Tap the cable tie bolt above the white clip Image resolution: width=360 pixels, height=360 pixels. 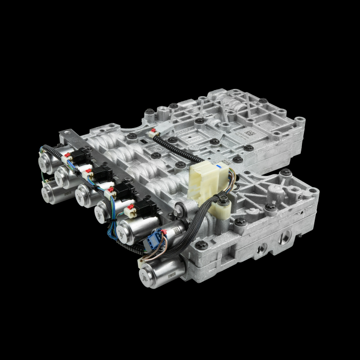click(223, 197)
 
